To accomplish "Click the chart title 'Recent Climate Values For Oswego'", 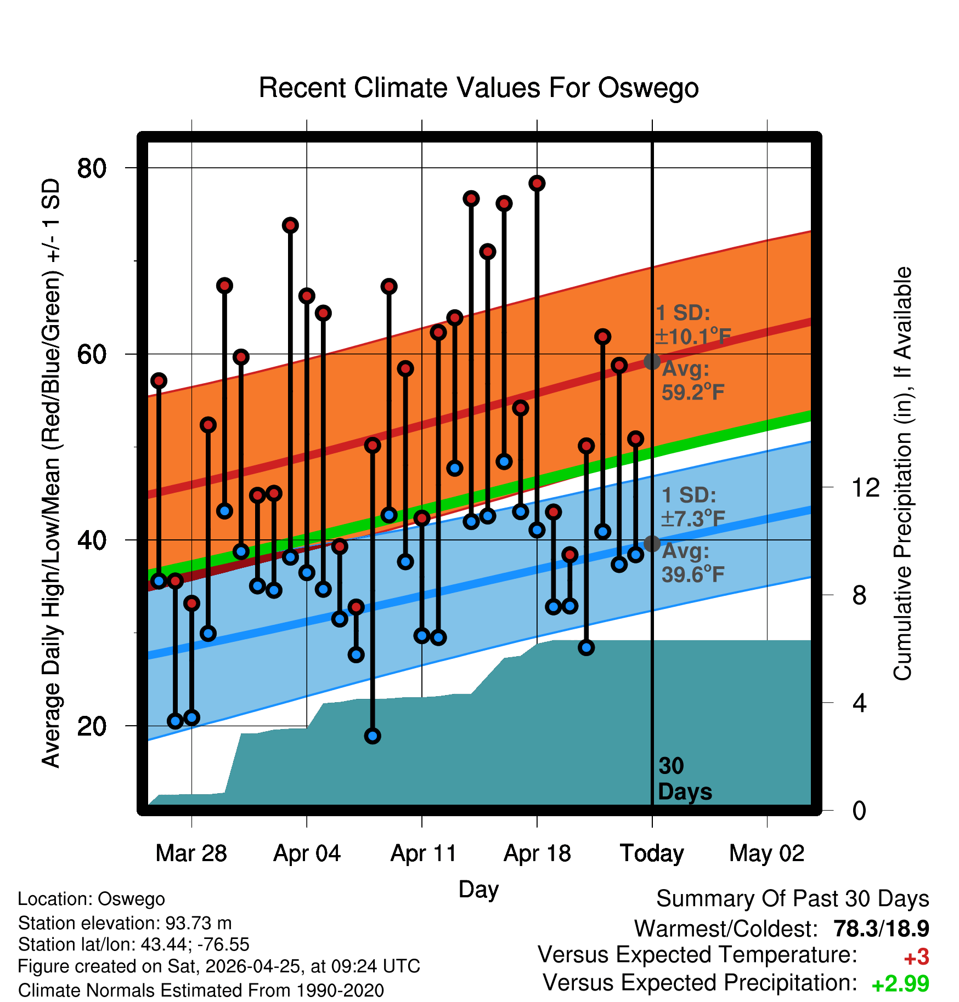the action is [478, 88].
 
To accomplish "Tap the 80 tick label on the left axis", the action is [92, 168].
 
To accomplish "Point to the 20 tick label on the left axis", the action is [92, 726].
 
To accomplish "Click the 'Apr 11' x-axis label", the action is [423, 853].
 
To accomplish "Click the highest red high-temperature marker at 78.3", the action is [537, 183].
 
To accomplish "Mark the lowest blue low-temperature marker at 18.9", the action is [373, 736].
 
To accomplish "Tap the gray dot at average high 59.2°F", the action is [652, 361].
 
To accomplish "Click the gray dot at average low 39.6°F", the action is [652, 544].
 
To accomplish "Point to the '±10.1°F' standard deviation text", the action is [693, 336].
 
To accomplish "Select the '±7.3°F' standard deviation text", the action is [693, 518].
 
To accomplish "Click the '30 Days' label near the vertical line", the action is [685, 779].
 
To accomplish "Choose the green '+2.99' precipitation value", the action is [900, 984].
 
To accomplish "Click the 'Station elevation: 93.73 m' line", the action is [125, 924].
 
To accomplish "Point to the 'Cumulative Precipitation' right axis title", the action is [902, 474].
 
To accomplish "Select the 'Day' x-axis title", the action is [478, 890].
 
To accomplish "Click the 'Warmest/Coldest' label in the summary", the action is [726, 929].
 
